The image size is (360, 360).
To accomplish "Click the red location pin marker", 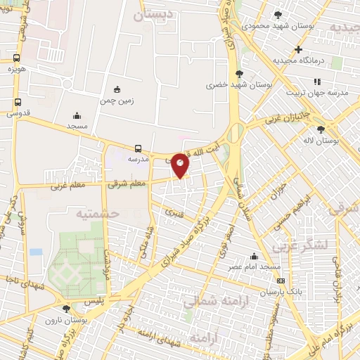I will [x=181, y=165].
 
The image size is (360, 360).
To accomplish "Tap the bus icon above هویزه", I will [x=16, y=58].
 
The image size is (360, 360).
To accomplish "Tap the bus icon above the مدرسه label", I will [x=138, y=148].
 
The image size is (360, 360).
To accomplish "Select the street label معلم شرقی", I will [x=127, y=184].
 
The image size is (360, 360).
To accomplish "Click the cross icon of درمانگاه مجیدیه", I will [x=299, y=50].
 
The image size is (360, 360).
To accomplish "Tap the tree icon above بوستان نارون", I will [x=67, y=308].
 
